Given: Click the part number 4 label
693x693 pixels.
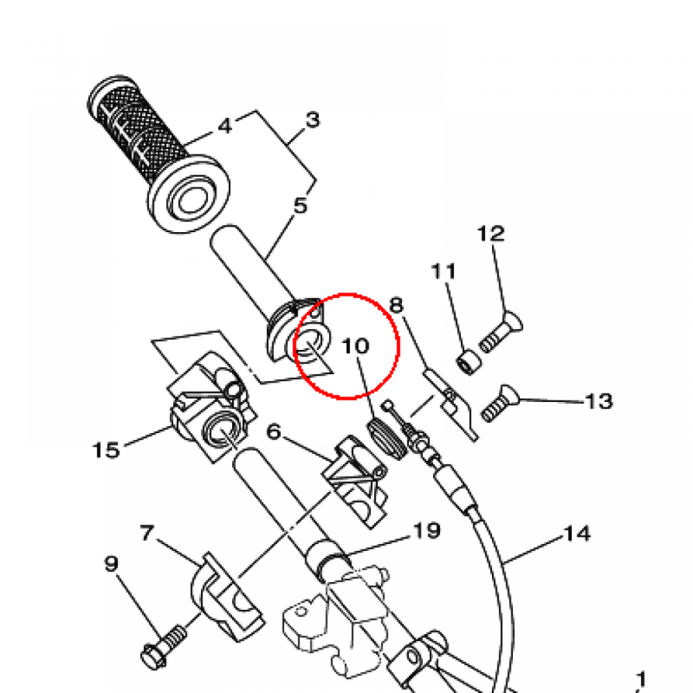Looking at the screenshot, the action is point(225,126).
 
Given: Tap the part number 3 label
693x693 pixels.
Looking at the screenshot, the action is point(313,120).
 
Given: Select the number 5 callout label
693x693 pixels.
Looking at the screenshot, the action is point(300,206).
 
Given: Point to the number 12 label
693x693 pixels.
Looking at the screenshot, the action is point(491,233).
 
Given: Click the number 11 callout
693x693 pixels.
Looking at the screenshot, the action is point(443,271).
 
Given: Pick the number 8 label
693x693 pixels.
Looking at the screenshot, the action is point(396,305).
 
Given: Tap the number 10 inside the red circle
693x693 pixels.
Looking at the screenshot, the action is point(355,346).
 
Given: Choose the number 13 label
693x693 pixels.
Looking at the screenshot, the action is point(599,401).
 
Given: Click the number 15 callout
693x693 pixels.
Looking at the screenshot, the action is point(106,450).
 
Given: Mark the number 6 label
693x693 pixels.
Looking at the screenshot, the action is point(274,431).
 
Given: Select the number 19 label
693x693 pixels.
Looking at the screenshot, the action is point(427,531).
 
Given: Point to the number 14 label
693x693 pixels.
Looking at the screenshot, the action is point(577,534).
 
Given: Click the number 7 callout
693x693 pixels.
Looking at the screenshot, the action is point(147,533).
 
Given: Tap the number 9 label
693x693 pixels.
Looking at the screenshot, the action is point(112,564).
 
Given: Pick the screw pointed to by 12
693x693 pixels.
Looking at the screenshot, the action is point(501,332).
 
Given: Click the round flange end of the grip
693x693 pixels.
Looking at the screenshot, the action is point(189,194).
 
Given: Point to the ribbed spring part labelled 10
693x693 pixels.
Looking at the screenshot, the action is point(386,439).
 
